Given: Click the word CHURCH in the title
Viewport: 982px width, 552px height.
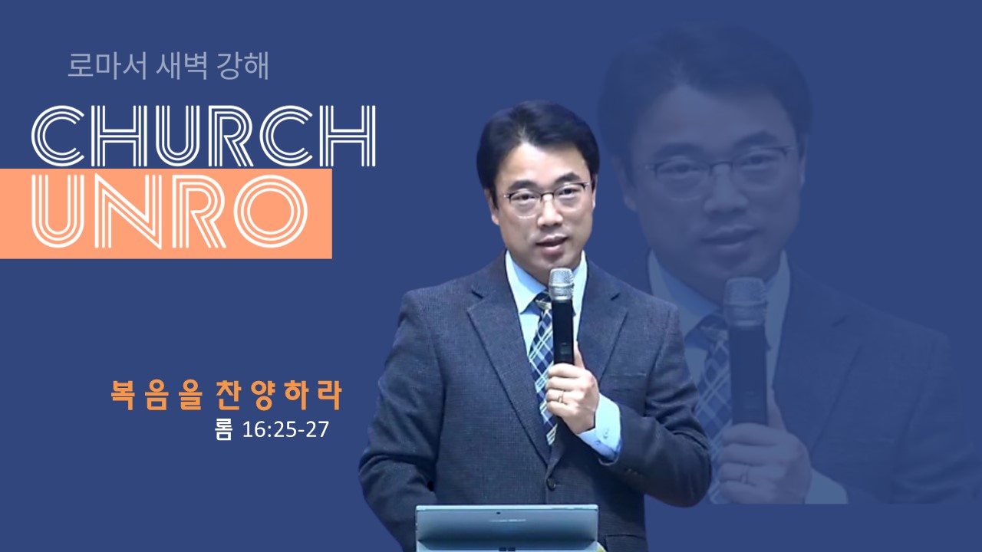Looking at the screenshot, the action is (x=203, y=136).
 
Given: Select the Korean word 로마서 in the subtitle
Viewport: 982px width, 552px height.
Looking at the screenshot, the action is (x=107, y=66).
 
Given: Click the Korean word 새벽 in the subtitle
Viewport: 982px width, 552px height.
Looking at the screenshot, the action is (x=182, y=66).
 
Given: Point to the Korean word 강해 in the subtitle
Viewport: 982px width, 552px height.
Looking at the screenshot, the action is (x=242, y=66).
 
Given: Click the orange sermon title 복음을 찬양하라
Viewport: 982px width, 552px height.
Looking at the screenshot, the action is (x=226, y=395).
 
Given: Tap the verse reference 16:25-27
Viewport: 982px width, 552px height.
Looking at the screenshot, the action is (x=285, y=430).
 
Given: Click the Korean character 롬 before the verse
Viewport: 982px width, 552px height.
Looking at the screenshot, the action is (x=223, y=430).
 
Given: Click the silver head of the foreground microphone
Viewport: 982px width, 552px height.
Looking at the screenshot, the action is (x=561, y=284).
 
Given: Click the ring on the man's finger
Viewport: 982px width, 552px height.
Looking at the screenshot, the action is (x=560, y=397).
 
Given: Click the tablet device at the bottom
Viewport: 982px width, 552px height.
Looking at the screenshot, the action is (x=507, y=528).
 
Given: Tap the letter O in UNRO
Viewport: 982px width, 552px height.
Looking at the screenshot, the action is (x=271, y=212).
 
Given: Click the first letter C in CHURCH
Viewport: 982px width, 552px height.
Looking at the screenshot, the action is (x=58, y=136).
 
